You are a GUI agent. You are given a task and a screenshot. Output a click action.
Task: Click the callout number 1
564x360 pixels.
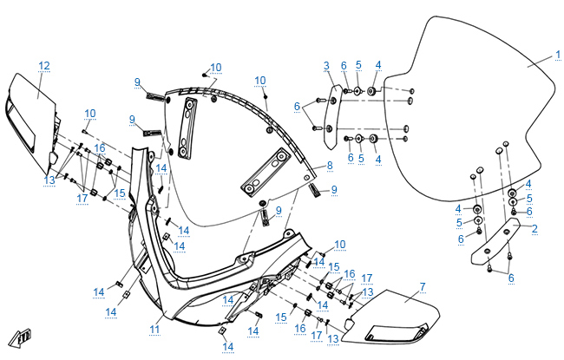[x=559, y=55]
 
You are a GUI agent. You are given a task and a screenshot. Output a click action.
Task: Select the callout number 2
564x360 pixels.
[x=534, y=228]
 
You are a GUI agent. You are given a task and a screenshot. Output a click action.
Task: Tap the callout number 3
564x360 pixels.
[x=326, y=65]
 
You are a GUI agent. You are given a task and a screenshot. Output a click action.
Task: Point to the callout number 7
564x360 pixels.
[x=422, y=286]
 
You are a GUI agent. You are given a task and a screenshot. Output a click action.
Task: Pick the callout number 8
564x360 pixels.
[x=329, y=165]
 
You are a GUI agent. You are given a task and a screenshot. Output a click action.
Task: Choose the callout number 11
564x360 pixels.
[x=154, y=330]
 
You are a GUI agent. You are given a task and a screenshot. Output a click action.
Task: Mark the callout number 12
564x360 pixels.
[x=44, y=65]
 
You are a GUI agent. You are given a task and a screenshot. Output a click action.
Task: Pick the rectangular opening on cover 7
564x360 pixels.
[x=394, y=331]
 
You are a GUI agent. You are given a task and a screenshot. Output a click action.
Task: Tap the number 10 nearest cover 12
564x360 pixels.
[x=90, y=114]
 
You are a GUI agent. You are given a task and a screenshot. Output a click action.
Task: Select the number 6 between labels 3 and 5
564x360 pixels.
[x=344, y=65]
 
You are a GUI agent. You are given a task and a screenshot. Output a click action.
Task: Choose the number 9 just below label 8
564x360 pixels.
[x=333, y=189]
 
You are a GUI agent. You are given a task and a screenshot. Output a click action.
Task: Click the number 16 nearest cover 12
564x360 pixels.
[x=100, y=148]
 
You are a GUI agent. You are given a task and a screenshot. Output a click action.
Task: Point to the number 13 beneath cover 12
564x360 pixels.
[x=49, y=180]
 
